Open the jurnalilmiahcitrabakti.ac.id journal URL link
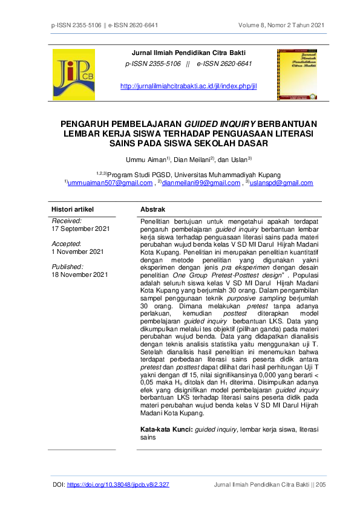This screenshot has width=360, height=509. point(189,86)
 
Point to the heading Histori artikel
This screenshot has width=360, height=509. point(73,209)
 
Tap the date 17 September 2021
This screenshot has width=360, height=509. point(80,229)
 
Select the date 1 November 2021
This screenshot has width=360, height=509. point(77,251)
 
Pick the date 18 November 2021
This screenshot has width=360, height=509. point(79,274)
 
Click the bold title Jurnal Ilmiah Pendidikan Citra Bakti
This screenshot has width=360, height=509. point(189,53)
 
